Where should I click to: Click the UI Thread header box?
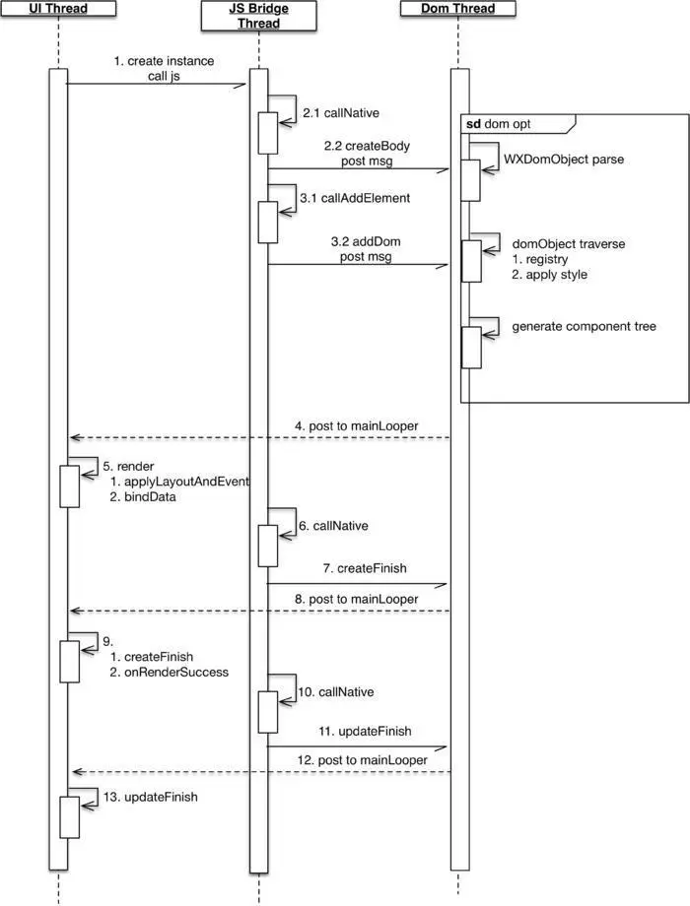[x=58, y=9]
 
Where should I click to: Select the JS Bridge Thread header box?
[x=259, y=16]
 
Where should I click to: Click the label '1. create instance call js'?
[x=164, y=68]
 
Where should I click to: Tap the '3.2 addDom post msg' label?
[x=362, y=248]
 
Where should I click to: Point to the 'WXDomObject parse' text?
[x=564, y=158]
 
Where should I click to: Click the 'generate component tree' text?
[x=584, y=326]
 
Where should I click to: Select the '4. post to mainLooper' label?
[x=356, y=426]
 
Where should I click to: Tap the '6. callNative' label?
[x=333, y=526]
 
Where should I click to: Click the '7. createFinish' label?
[x=365, y=570]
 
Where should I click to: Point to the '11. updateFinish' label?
[x=364, y=732]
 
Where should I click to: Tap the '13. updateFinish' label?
[x=151, y=797]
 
